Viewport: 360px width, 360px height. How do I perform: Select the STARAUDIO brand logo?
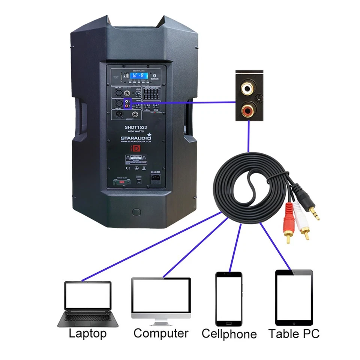click(x=136, y=138)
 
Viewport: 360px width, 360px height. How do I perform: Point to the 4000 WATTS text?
click(x=135, y=132)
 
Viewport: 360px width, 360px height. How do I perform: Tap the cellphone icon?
click(x=228, y=298)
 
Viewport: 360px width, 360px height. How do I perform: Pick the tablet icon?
click(x=294, y=297)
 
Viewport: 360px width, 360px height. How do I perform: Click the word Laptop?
click(x=88, y=333)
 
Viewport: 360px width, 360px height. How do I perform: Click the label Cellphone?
click(x=229, y=334)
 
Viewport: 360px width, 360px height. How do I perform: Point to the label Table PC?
click(x=294, y=333)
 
